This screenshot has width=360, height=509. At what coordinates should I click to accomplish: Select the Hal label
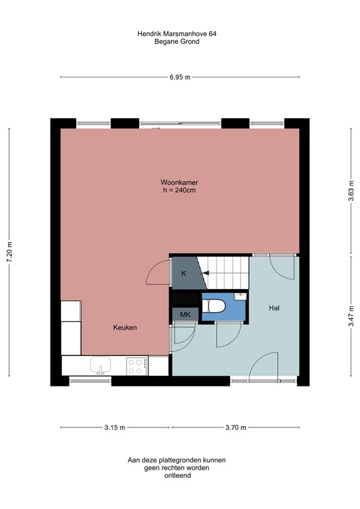point(274,308)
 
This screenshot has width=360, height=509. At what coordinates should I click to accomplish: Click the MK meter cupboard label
point(185,315)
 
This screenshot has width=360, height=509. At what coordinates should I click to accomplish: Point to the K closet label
point(184,274)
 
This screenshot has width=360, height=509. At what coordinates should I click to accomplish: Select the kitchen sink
point(102,365)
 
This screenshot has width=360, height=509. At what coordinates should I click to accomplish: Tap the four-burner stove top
point(137,365)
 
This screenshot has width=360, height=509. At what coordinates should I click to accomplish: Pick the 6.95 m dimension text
point(180,78)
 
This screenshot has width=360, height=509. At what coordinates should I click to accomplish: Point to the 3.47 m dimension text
point(350,321)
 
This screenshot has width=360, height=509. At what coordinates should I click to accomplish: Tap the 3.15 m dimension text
point(114,427)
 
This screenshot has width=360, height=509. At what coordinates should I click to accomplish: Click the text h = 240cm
point(180,190)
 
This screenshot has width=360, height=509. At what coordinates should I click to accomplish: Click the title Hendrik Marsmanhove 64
point(180,32)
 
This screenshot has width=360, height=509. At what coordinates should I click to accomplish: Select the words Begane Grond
point(180,41)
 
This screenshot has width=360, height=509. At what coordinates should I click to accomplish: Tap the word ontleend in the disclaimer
point(180,476)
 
